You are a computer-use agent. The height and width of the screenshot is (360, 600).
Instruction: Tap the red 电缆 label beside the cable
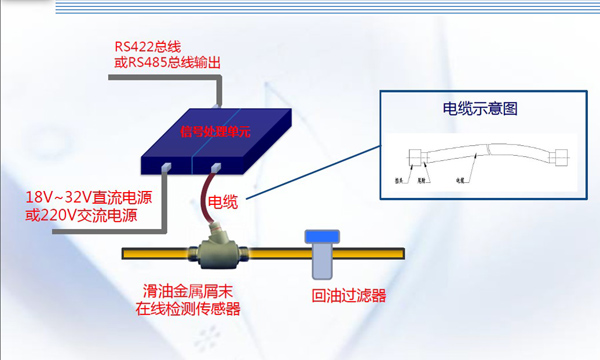tap(222, 203)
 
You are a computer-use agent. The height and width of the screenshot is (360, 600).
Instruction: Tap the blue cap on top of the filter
tap(320, 239)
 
